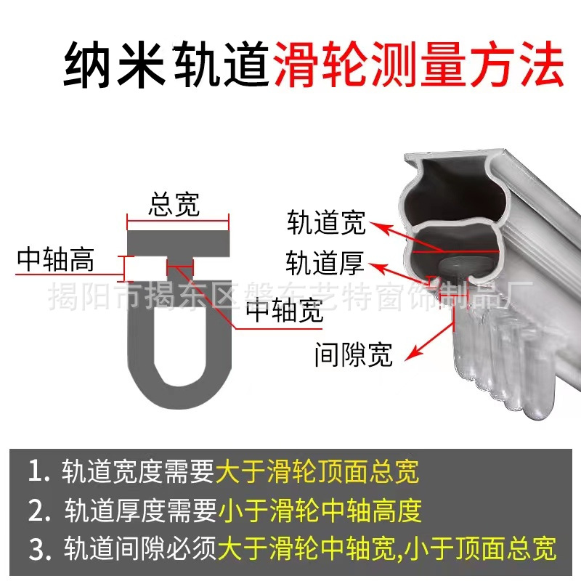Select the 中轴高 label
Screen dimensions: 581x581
tap(57, 259)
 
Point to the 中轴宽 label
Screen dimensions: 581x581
tap(285, 310)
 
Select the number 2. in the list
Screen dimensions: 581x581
tap(38, 510)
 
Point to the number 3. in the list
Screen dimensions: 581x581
tap(38, 547)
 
